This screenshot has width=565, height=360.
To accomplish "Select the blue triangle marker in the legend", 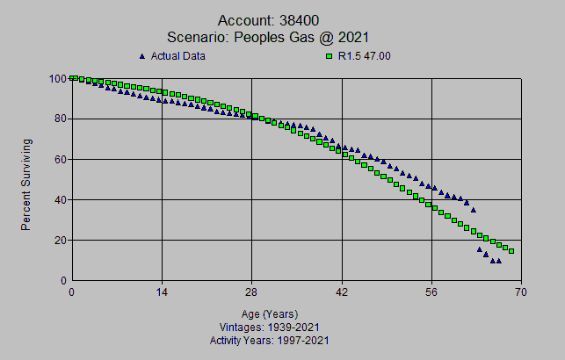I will [x=141, y=56].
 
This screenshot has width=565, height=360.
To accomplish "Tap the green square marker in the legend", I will [x=329, y=56].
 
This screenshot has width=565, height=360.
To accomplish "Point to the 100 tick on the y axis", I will [x=57, y=78].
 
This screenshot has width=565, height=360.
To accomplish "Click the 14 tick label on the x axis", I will [x=162, y=293].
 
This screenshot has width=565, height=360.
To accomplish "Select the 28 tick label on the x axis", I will [x=252, y=293].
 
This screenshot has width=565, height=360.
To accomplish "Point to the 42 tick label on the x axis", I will [x=342, y=293].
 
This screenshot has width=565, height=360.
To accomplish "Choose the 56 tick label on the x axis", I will [x=432, y=293].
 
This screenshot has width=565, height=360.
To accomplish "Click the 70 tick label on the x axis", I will [x=522, y=293].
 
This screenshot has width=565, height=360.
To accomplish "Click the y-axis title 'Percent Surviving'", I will [x=26, y=184].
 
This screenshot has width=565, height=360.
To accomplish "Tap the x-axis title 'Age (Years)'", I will [x=270, y=313].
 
